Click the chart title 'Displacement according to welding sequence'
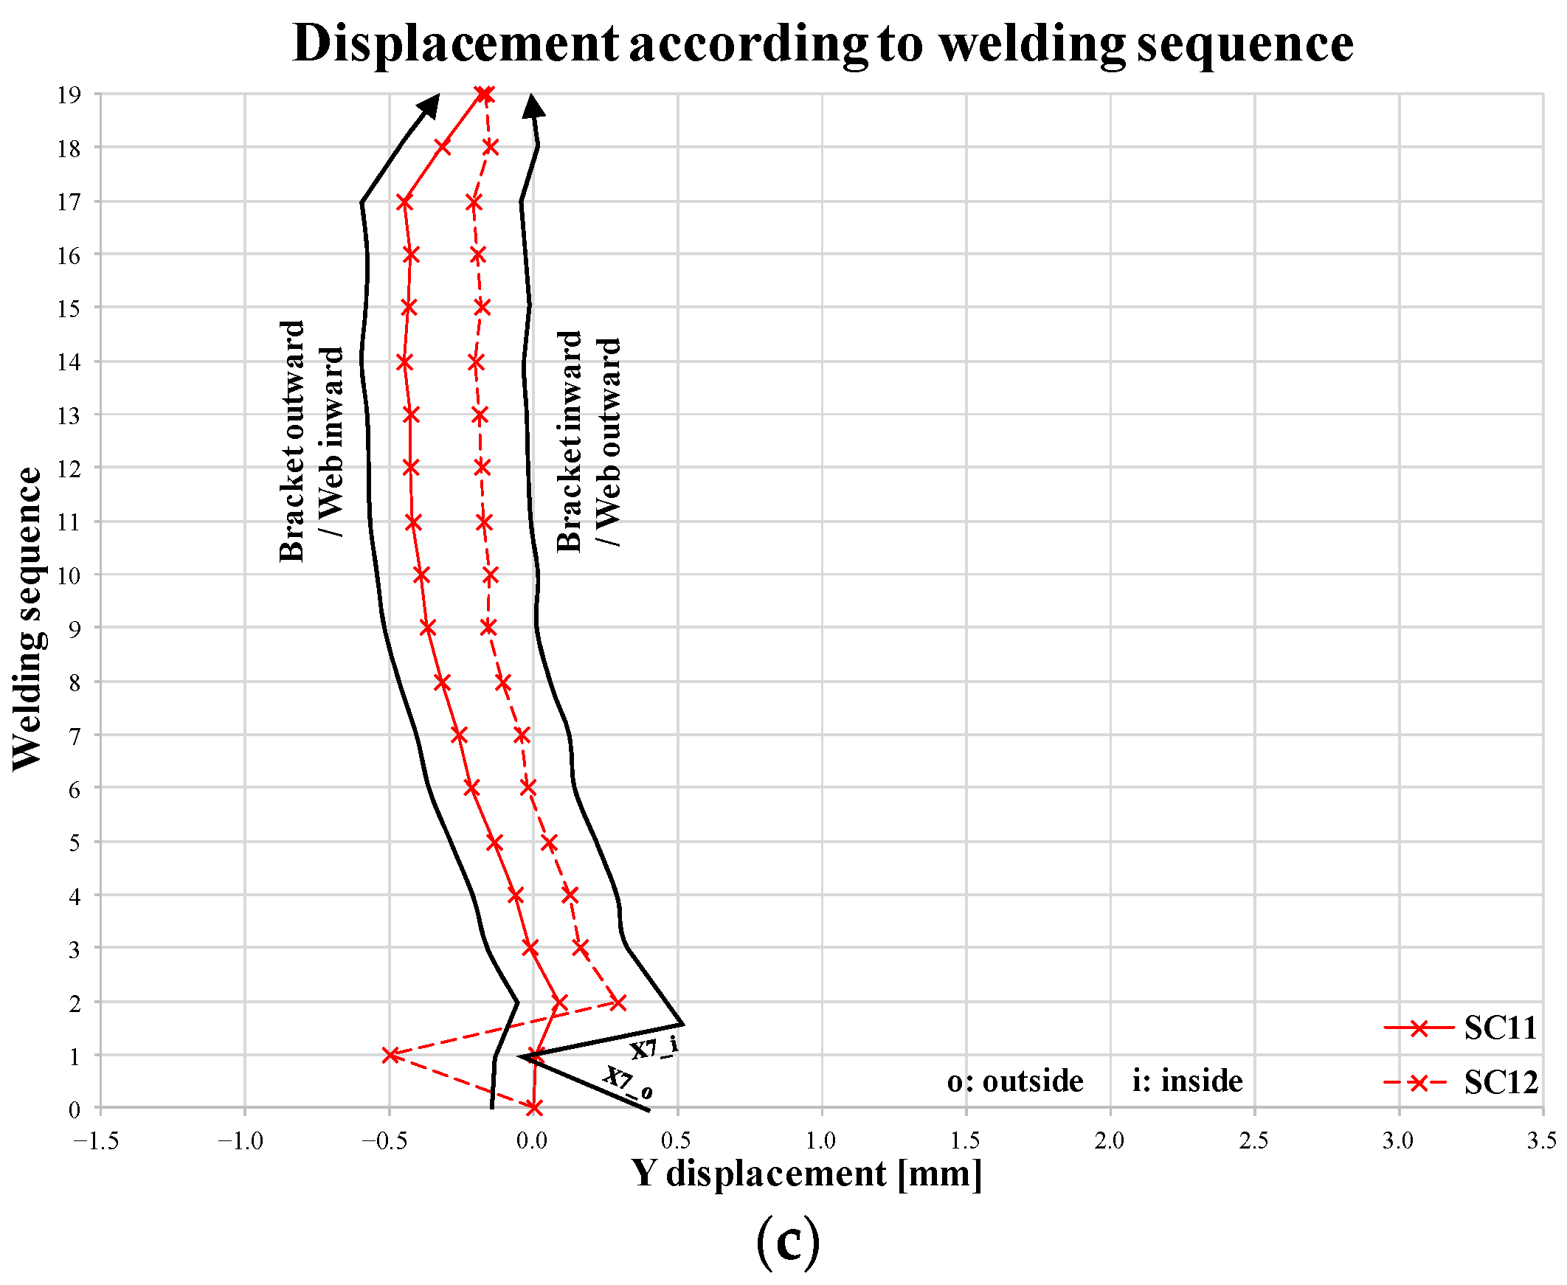pyautogui.click(x=823, y=44)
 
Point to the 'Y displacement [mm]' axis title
pyautogui.click(x=807, y=1174)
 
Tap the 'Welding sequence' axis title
pyautogui.click(x=27, y=619)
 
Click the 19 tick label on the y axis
pyautogui.click(x=69, y=94)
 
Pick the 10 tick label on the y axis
pyautogui.click(x=69, y=575)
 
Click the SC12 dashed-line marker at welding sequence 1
pyautogui.click(x=391, y=1055)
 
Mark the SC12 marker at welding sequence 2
pyautogui.click(x=618, y=1003)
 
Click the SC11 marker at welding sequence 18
pyautogui.click(x=443, y=147)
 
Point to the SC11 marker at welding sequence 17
pyautogui.click(x=404, y=202)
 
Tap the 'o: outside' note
pyautogui.click(x=1015, y=1081)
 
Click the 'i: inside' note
pyautogui.click(x=1187, y=1081)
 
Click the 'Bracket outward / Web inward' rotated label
pyautogui.click(x=311, y=441)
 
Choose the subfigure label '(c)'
pyautogui.click(x=788, y=1244)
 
